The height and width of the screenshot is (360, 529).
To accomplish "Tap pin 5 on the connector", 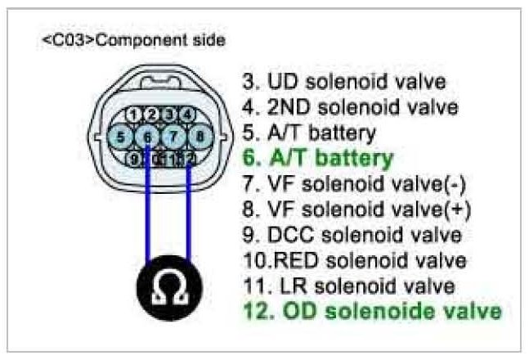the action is pyautogui.click(x=122, y=136).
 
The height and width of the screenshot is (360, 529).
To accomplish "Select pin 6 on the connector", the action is pyautogui.click(x=148, y=136).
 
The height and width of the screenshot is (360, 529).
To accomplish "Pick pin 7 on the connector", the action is pyautogui.click(x=174, y=136).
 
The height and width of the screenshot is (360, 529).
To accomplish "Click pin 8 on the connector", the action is pyautogui.click(x=201, y=136).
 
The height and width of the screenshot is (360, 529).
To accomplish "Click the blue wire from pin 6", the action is pyautogui.click(x=146, y=213).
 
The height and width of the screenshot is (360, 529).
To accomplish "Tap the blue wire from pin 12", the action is pyautogui.click(x=189, y=213).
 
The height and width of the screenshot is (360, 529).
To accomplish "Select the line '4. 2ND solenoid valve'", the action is pyautogui.click(x=350, y=106).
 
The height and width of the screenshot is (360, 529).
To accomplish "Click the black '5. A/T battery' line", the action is pyautogui.click(x=308, y=131).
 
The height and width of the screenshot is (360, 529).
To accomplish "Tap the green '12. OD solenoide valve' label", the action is pyautogui.click(x=371, y=312).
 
